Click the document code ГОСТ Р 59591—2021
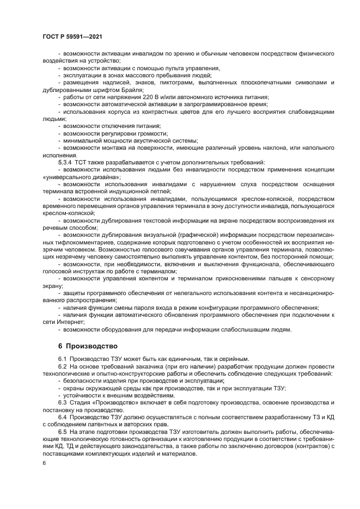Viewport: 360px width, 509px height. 72,36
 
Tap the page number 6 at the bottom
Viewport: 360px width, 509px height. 44,462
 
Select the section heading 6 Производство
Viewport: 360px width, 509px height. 87,346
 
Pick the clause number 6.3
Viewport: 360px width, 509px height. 62,401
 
